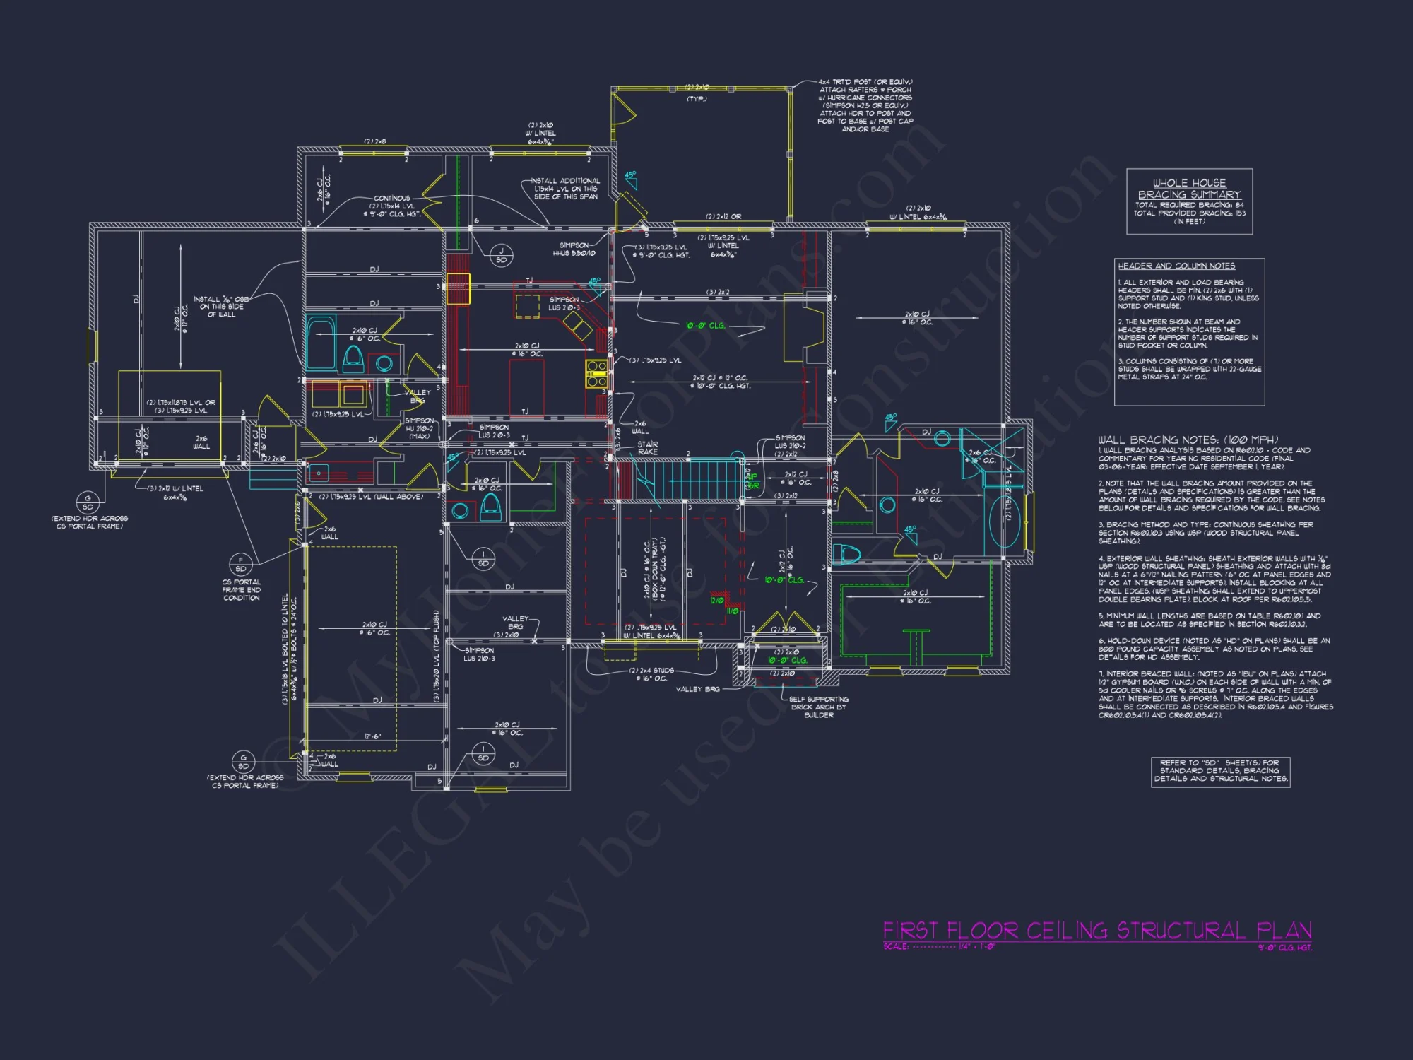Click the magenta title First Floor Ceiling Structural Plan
(x=1096, y=930)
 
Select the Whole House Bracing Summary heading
(x=1189, y=189)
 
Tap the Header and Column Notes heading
(x=1176, y=266)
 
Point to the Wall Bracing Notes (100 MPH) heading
(x=1188, y=440)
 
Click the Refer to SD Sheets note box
(x=1220, y=771)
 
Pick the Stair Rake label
(x=647, y=448)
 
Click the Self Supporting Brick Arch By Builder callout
(x=819, y=707)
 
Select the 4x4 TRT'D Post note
(x=865, y=105)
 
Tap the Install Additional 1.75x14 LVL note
(x=566, y=189)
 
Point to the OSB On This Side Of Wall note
(x=222, y=307)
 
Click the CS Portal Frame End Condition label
(x=242, y=590)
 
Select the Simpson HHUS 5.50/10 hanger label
(x=574, y=249)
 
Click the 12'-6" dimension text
(x=372, y=736)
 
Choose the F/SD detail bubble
(x=241, y=564)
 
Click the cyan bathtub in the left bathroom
(x=321, y=343)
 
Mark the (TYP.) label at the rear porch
(x=697, y=99)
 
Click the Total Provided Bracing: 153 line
(x=1190, y=213)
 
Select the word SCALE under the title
(x=895, y=946)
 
